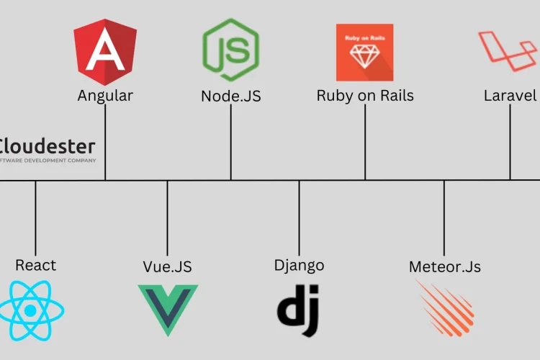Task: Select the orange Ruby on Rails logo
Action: (x=364, y=52)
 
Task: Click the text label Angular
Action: (x=105, y=96)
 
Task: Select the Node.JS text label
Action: (x=231, y=96)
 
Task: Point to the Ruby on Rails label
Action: (x=365, y=96)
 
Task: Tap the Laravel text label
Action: (x=510, y=96)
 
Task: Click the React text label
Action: (x=35, y=265)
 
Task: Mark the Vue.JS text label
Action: (x=168, y=266)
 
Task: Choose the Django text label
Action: (x=299, y=265)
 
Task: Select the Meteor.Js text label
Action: (x=444, y=266)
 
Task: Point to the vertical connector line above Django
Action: (x=299, y=216)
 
